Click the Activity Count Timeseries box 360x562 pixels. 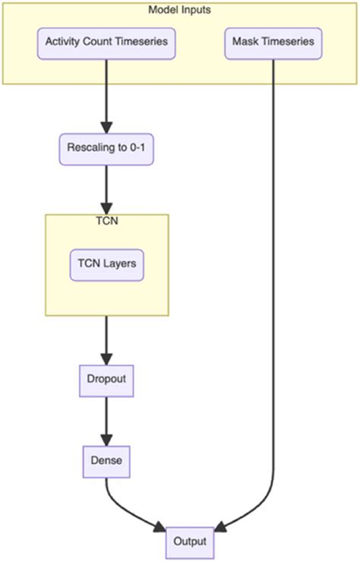[106, 43]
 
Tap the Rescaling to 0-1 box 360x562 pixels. [106, 150]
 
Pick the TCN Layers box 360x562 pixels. [106, 265]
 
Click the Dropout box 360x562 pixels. [106, 380]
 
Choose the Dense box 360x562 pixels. [106, 459]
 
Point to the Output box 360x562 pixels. [190, 542]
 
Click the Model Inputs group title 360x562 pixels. [180, 9]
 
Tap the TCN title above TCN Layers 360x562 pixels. [106, 222]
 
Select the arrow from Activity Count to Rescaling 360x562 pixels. [106, 95]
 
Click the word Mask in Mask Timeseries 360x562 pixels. [246, 43]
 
